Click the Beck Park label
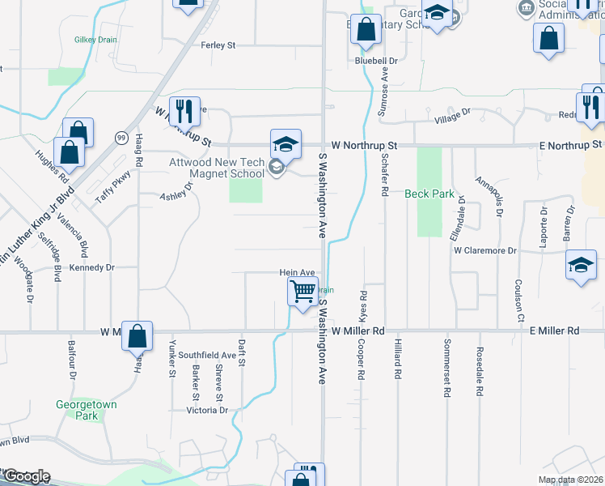pyautogui.click(x=429, y=194)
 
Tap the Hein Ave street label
pyautogui.click(x=296, y=274)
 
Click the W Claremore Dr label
pyautogui.click(x=484, y=250)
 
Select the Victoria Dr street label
pyautogui.click(x=208, y=410)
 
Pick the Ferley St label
pyautogui.click(x=218, y=45)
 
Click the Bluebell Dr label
pyautogui.click(x=377, y=61)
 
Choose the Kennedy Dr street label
pyautogui.click(x=92, y=267)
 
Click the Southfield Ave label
pyautogui.click(x=207, y=355)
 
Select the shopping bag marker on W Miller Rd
pyautogui.click(x=137, y=335)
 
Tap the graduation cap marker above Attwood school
pyautogui.click(x=286, y=143)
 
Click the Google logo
pyautogui.click(x=27, y=476)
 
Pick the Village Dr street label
pyautogui.click(x=452, y=117)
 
